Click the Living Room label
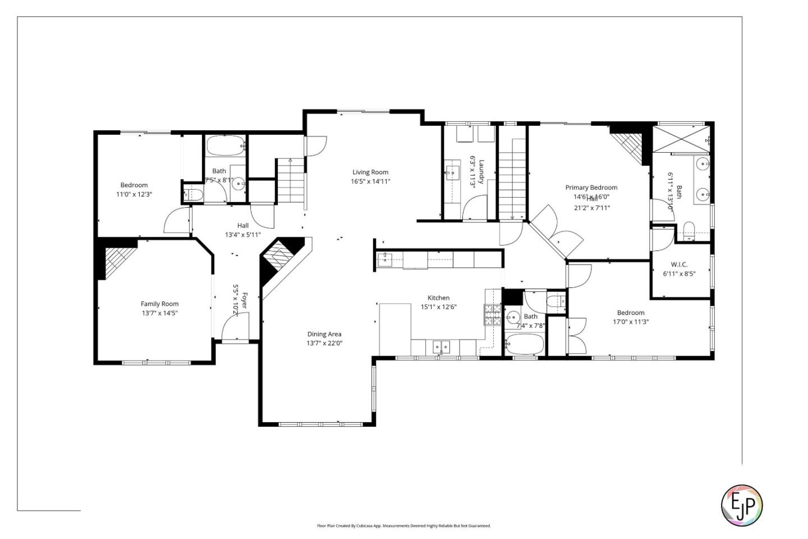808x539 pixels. [x=370, y=172]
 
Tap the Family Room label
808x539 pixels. [x=159, y=304]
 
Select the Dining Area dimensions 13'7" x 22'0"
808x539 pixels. [x=324, y=343]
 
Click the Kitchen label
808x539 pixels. [x=438, y=298]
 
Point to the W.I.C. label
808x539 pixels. [x=679, y=264]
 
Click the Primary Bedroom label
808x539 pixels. [x=591, y=188]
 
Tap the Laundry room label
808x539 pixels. [x=481, y=171]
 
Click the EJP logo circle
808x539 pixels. [x=741, y=505]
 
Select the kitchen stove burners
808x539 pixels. [x=492, y=315]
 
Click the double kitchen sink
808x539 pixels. [x=441, y=348]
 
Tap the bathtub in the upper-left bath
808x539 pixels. [x=226, y=146]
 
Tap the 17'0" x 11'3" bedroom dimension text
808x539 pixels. [x=631, y=322]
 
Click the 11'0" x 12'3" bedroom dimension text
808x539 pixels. [x=134, y=194]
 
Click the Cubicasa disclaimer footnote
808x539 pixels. [x=403, y=526]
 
